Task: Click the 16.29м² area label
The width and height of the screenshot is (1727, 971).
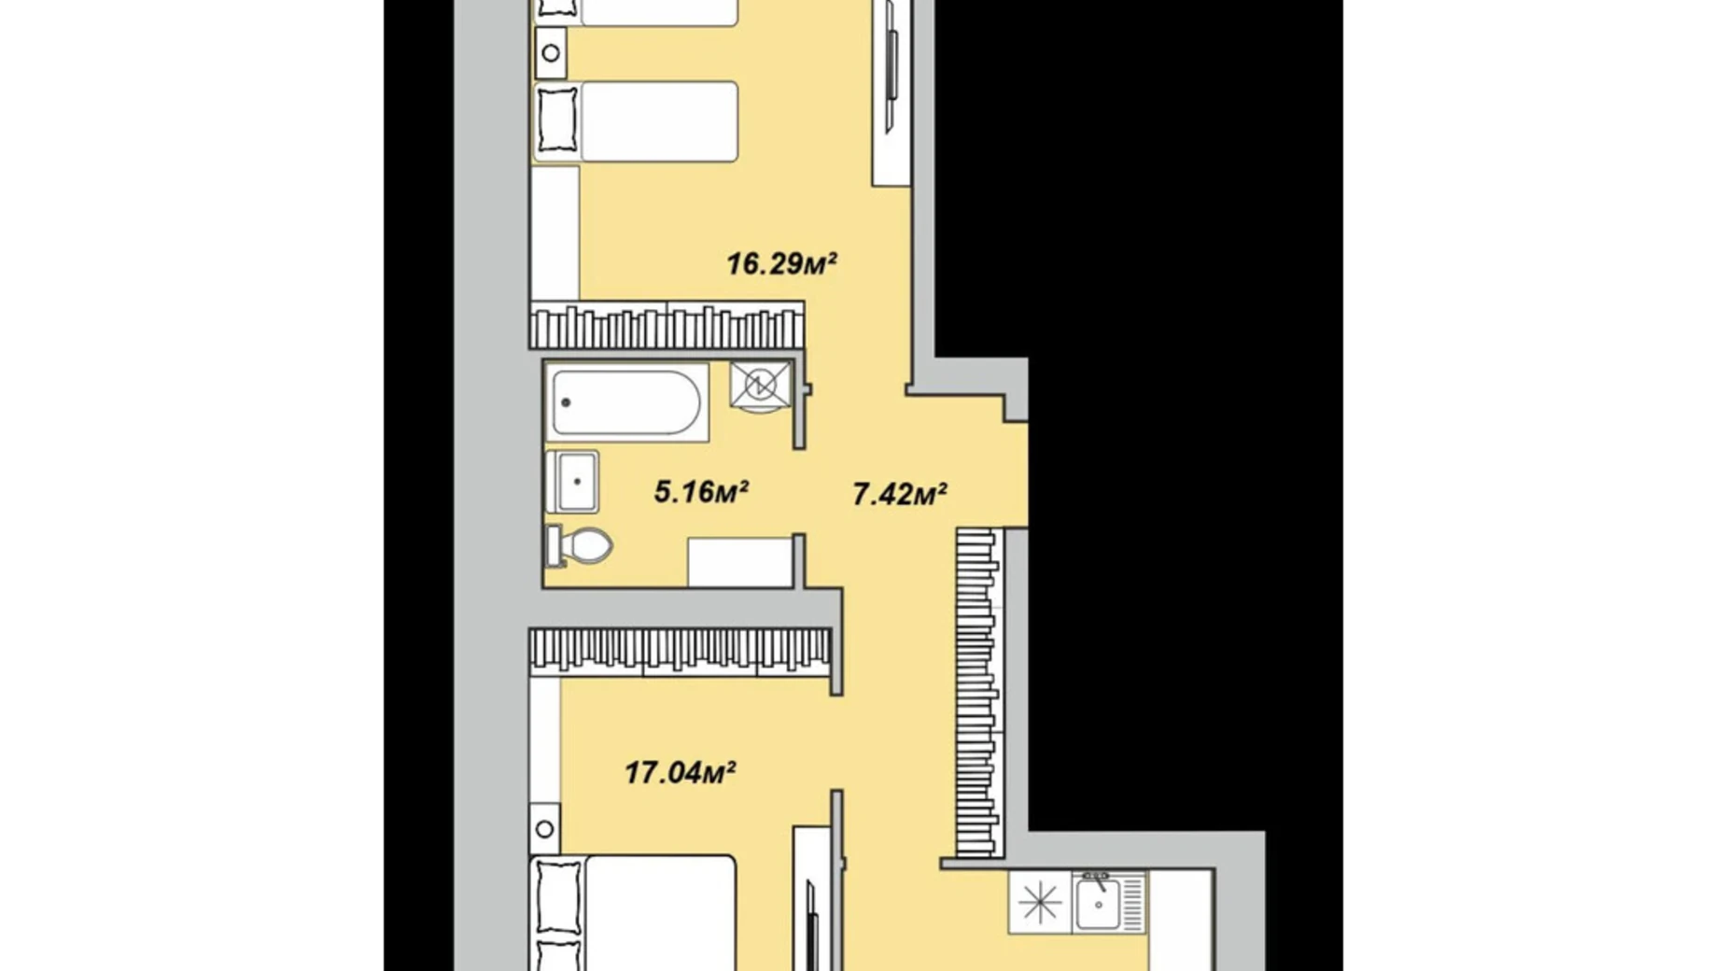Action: point(781,264)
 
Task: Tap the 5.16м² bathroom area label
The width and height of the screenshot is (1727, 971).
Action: point(701,491)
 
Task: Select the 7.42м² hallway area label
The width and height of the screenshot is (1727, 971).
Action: point(900,494)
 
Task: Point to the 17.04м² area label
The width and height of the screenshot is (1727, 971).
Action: point(680,773)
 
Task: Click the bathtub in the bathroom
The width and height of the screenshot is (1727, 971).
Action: point(625,402)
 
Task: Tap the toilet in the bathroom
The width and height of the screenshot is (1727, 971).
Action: point(581,545)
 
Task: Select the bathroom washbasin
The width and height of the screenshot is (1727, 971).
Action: point(573,482)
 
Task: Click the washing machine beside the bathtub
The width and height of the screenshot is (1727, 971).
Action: point(760,385)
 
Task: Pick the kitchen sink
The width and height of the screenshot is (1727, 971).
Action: point(1099,903)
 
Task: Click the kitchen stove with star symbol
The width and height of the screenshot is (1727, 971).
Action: point(1040,903)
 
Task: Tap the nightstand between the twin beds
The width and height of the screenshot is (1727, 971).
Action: point(551,53)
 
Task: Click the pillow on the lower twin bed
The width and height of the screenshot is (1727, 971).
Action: point(557,121)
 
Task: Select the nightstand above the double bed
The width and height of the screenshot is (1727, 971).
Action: point(545,829)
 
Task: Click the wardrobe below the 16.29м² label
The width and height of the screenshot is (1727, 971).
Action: point(667,326)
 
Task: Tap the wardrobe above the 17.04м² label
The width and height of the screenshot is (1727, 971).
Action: point(680,651)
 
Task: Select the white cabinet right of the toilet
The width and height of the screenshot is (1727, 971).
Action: point(740,562)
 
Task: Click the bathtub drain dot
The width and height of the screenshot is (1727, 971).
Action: point(566,402)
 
